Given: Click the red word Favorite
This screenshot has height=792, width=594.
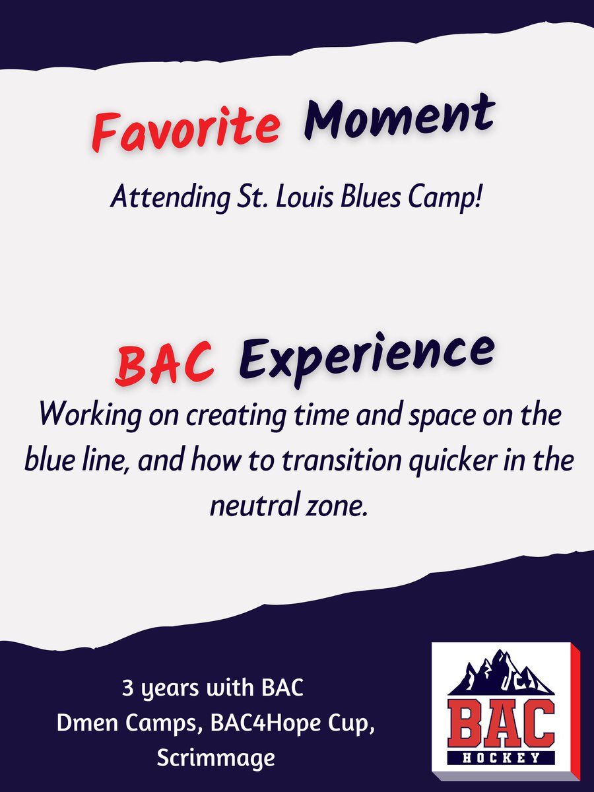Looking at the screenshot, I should (x=184, y=129).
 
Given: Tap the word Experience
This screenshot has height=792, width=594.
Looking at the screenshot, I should (x=366, y=356).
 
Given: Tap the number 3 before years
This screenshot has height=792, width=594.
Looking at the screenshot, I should (x=127, y=690).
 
